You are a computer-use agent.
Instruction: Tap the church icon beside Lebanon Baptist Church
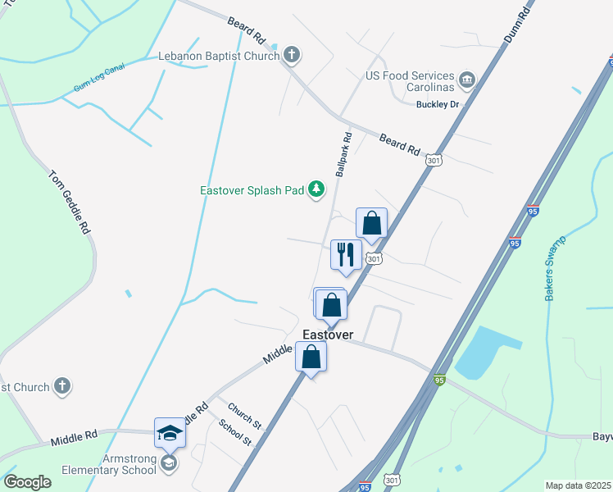coord(292,57)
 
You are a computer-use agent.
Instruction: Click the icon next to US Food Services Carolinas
coord(467,79)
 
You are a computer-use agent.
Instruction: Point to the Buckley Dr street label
coord(438,106)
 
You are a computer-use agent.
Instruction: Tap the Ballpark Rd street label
coord(343,154)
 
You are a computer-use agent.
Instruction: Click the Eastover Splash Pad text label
coord(252,190)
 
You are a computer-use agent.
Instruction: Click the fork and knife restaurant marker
coord(345,254)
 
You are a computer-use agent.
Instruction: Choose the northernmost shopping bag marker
coord(371,223)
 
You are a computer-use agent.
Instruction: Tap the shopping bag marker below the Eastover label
coord(311,358)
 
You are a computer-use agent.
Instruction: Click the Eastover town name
coord(328,335)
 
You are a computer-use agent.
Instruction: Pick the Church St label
coord(244,416)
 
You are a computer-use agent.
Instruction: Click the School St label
coord(235,432)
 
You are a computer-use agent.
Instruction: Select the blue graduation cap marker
coord(170,432)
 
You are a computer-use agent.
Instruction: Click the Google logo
coord(27,481)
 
